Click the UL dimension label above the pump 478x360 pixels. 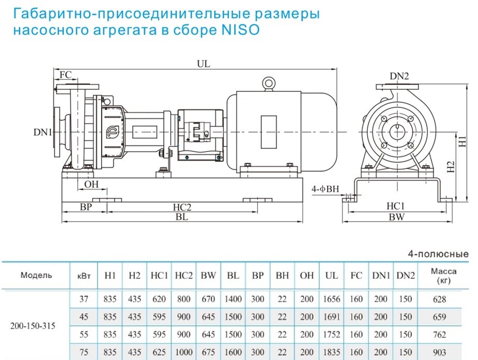pyautogui.click(x=203, y=64)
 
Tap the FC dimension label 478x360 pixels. pyautogui.click(x=65, y=75)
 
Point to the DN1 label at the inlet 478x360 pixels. pyautogui.click(x=43, y=133)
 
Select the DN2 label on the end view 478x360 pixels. pyautogui.click(x=400, y=77)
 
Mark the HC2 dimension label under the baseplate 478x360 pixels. pyautogui.click(x=182, y=207)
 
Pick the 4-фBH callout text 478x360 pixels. pyautogui.click(x=325, y=190)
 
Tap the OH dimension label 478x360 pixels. pyautogui.click(x=91, y=184)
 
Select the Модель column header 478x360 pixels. pyautogui.click(x=36, y=275)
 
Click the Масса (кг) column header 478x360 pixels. pyautogui.click(x=444, y=275)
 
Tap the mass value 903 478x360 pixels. pyautogui.click(x=444, y=351)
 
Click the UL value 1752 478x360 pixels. pyautogui.click(x=332, y=334)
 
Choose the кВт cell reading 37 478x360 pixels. pyautogui.click(x=83, y=299)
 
